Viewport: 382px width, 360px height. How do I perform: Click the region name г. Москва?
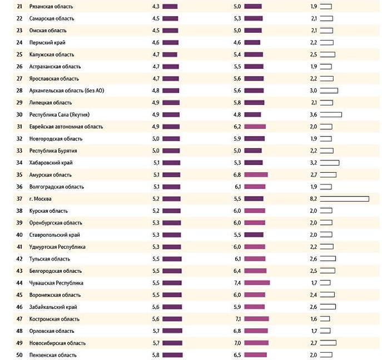[x=40, y=199]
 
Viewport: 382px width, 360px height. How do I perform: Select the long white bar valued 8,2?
[x=345, y=199]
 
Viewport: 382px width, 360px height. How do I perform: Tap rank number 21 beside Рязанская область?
[x=19, y=7]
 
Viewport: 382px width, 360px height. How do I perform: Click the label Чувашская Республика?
[x=56, y=283]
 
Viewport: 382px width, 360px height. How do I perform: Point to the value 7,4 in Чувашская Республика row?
[x=237, y=283]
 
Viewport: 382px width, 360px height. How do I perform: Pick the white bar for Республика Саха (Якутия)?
[x=331, y=114]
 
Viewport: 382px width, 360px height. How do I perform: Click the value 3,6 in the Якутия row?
[x=313, y=114]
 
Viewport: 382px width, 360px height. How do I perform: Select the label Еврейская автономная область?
[x=66, y=127]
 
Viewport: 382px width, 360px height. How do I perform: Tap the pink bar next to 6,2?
[x=255, y=127]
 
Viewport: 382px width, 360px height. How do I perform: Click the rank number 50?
[x=19, y=355]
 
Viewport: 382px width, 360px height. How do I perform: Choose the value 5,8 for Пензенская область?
[x=156, y=355]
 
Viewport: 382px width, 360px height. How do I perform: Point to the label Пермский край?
[x=47, y=43]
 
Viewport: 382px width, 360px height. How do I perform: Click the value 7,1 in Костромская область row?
[x=238, y=319]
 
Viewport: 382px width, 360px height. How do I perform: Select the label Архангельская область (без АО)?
[x=67, y=91]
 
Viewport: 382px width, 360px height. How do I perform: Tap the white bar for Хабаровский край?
[x=330, y=163]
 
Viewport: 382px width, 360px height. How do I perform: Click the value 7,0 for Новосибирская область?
[x=237, y=343]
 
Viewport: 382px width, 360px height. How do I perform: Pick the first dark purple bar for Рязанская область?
[x=170, y=7]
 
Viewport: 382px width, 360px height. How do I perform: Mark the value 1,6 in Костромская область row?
[x=314, y=319]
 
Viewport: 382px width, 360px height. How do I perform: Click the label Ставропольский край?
[x=54, y=235]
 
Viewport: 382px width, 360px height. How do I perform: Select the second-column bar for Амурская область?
[x=256, y=174]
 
